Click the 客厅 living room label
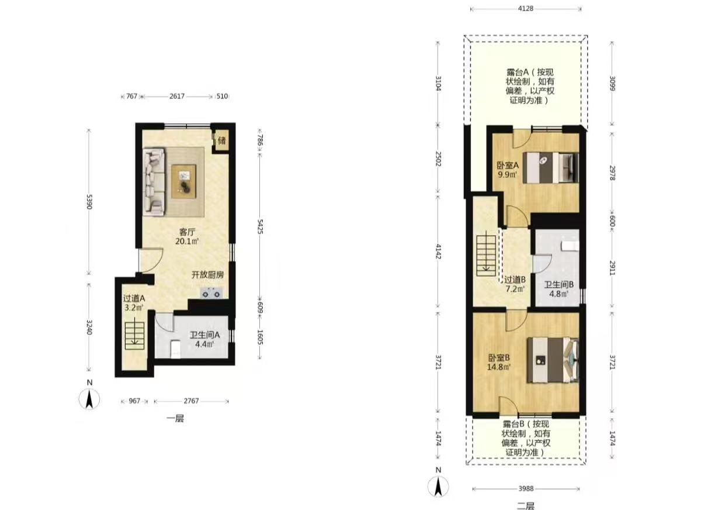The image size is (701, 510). [x=187, y=232]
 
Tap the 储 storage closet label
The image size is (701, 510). [x=221, y=140]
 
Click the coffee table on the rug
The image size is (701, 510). [x=183, y=181]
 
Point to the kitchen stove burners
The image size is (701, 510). [x=211, y=294]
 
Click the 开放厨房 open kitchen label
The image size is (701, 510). [x=208, y=275]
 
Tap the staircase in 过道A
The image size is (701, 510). [x=134, y=336]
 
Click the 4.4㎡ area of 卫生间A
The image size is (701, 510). [x=204, y=344]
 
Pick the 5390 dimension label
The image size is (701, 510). [x=89, y=202]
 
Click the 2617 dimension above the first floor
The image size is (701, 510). [x=177, y=96]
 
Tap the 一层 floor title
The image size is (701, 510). [x=175, y=418]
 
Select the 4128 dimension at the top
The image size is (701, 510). [x=525, y=9]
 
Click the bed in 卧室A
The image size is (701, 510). [x=550, y=168]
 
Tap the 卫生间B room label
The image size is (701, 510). [x=558, y=285]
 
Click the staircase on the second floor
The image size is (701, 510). [x=486, y=256]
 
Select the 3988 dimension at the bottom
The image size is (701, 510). [x=526, y=489]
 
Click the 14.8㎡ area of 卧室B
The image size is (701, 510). [x=499, y=367]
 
